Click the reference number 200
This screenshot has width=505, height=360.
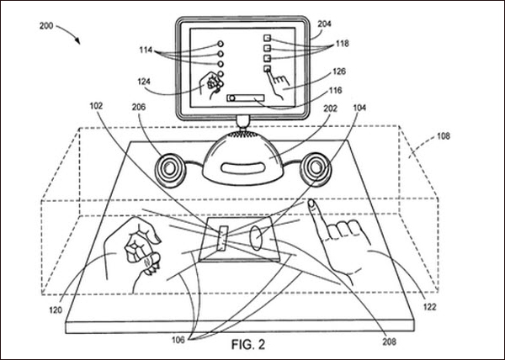tap(46, 26)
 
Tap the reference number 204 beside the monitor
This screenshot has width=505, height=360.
tap(324, 24)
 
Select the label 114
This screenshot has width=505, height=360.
tap(146, 50)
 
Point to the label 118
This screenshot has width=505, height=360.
tap(342, 44)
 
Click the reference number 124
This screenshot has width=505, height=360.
tap(144, 82)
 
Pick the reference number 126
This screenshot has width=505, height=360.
tap(339, 71)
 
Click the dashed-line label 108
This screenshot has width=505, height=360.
tap(444, 136)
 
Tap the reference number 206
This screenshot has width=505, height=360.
tap(139, 107)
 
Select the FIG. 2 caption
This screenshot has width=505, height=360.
tap(248, 345)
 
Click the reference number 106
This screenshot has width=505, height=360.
tap(178, 340)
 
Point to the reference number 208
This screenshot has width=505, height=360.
tap(390, 341)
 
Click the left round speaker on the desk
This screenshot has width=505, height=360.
tap(170, 170)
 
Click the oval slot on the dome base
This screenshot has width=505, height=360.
tap(242, 168)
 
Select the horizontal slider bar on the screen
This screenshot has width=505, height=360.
tap(246, 98)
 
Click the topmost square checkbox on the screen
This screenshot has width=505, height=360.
tap(267, 38)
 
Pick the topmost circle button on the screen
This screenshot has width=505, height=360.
tap(221, 44)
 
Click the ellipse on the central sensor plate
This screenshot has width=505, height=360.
tap(256, 238)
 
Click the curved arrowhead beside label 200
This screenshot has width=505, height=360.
tap(77, 40)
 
